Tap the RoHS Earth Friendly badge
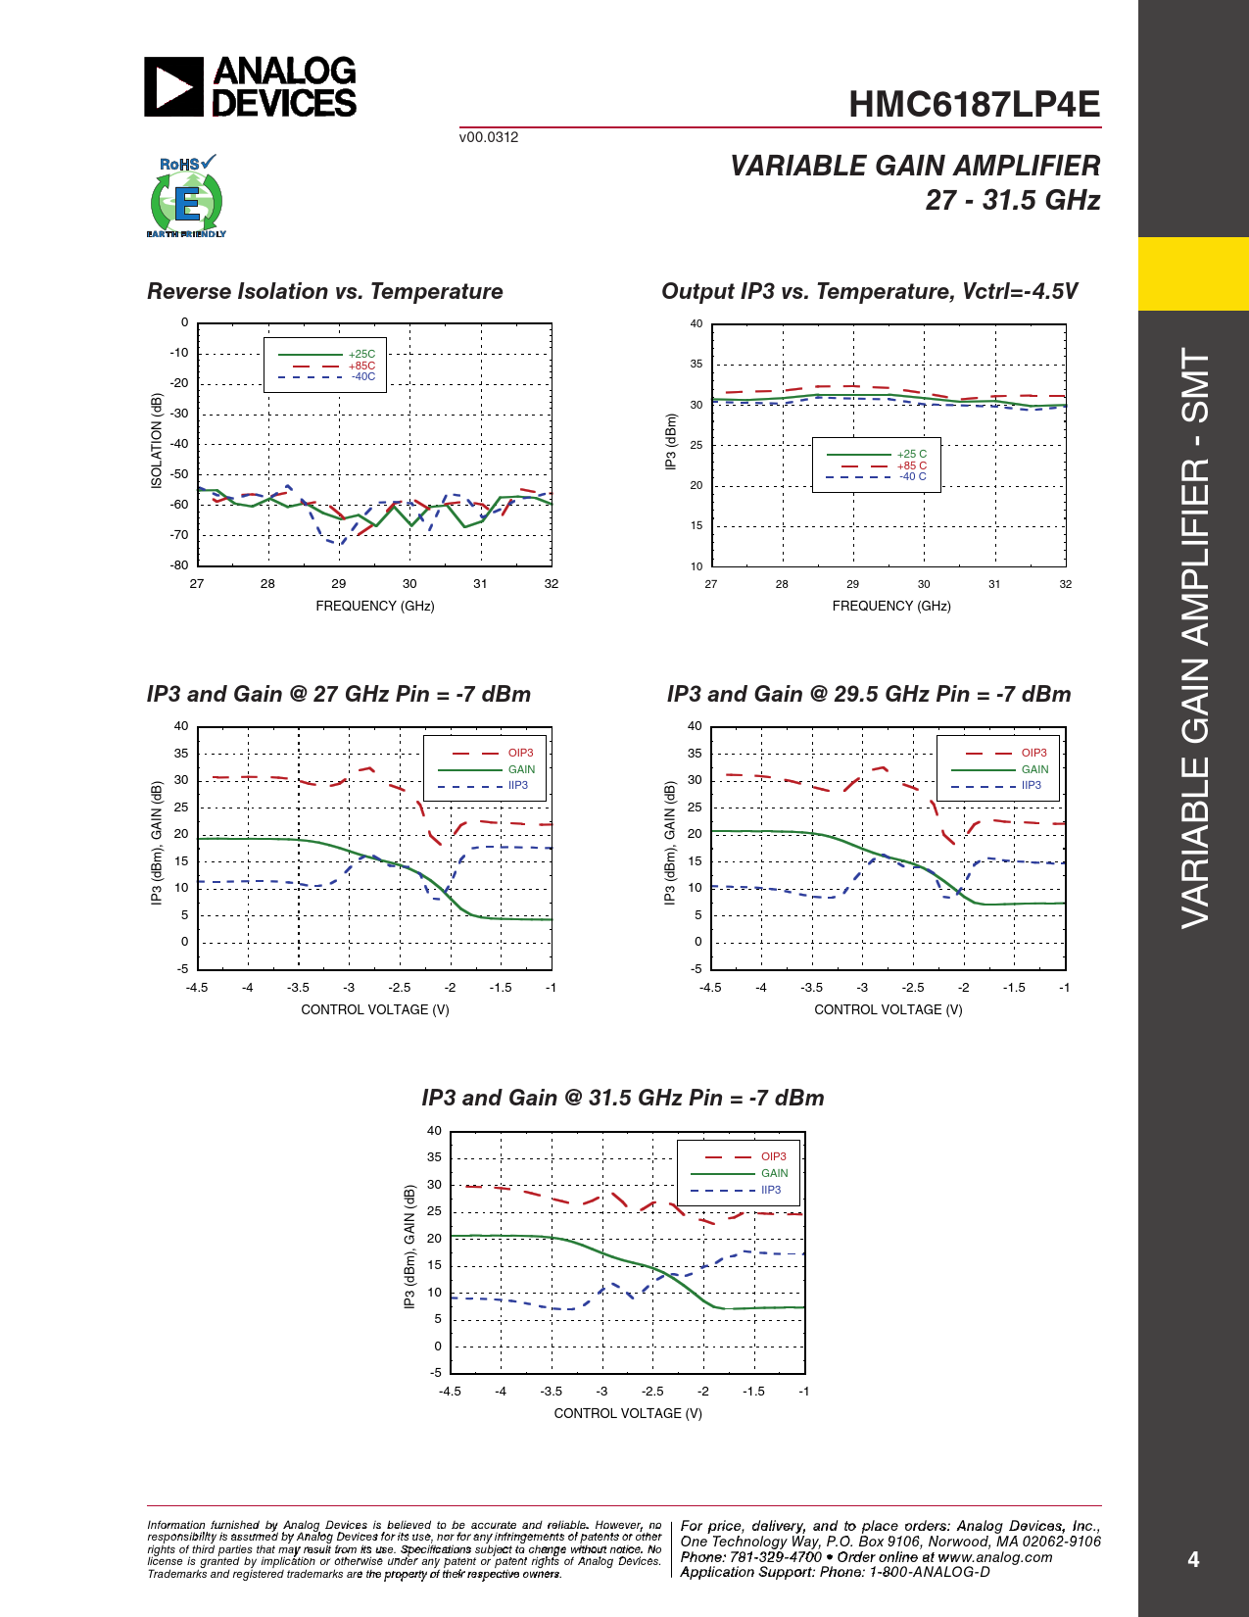tap(186, 197)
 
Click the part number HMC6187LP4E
tap(974, 105)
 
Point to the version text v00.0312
tap(489, 137)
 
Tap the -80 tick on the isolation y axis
tap(179, 565)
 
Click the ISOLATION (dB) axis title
tap(157, 441)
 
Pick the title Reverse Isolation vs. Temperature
tap(324, 291)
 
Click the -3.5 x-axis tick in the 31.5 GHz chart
tap(552, 1391)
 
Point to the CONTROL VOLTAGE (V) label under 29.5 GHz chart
tap(888, 1009)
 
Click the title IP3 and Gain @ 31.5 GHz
tap(623, 1098)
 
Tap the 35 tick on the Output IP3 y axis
tap(696, 364)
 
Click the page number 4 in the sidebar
tap(1193, 1559)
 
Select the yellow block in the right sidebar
tap(1193, 273)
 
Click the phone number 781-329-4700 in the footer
tap(776, 1557)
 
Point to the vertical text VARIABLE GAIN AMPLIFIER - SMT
tap(1195, 637)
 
